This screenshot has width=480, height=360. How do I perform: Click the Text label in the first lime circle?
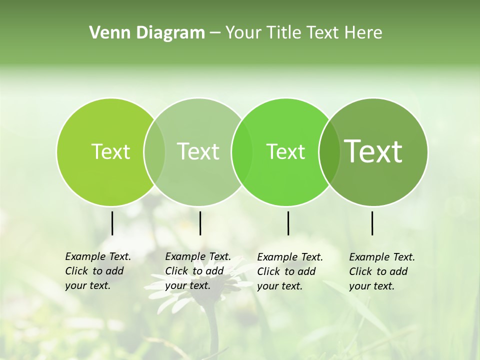110,151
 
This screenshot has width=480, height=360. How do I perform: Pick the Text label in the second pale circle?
198,151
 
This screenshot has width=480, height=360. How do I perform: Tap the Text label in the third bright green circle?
285,151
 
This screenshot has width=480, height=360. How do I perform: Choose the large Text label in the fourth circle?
373,151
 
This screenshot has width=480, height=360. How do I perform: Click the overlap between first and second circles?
154,151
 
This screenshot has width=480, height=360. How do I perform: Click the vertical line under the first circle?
112,223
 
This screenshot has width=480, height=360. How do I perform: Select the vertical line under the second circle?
200,223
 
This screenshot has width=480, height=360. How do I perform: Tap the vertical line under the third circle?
288,223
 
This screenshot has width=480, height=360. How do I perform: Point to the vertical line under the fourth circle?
372,223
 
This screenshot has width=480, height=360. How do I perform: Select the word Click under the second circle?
177,271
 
